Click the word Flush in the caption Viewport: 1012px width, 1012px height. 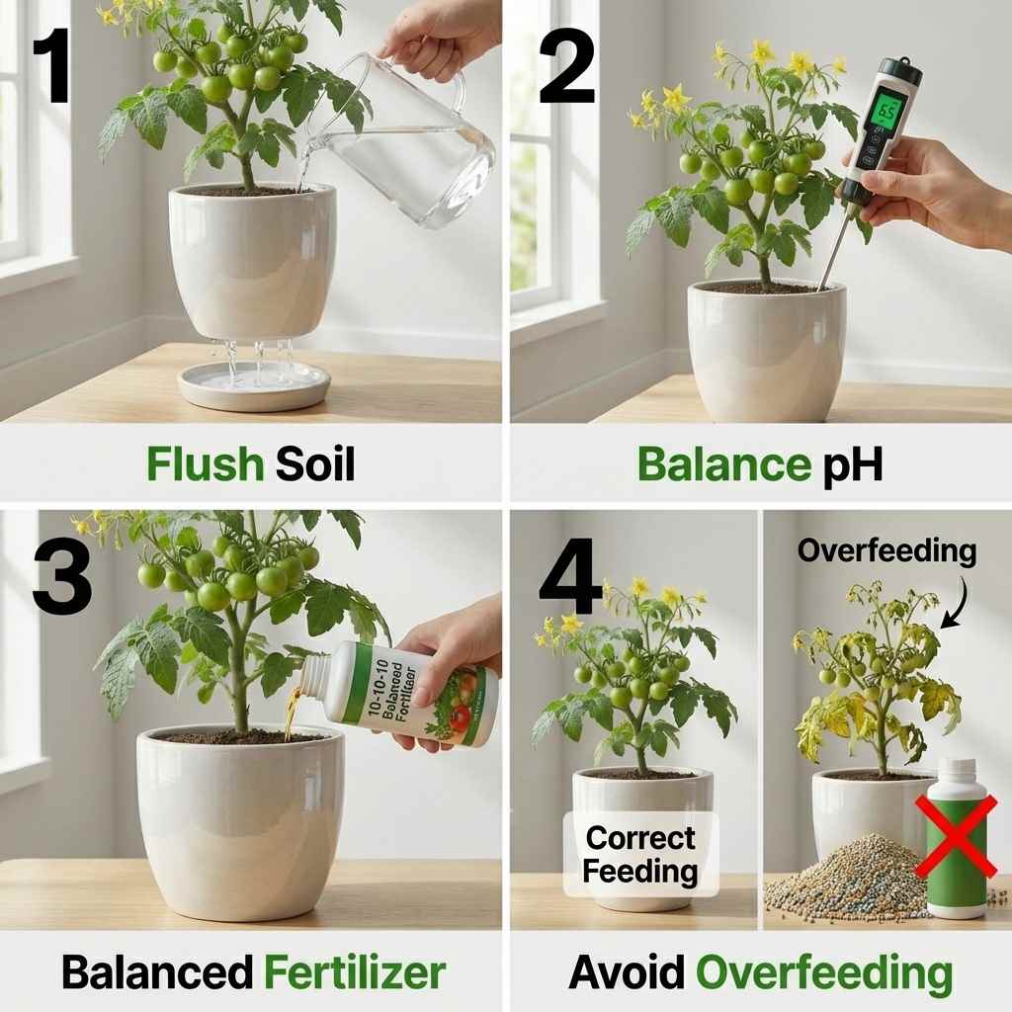205,463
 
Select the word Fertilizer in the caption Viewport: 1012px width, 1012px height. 354,972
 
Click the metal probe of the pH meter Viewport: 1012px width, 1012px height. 835,247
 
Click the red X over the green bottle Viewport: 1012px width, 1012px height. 955,839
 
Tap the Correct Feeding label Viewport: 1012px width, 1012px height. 640,854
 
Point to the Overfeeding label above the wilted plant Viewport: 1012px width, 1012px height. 886,550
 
